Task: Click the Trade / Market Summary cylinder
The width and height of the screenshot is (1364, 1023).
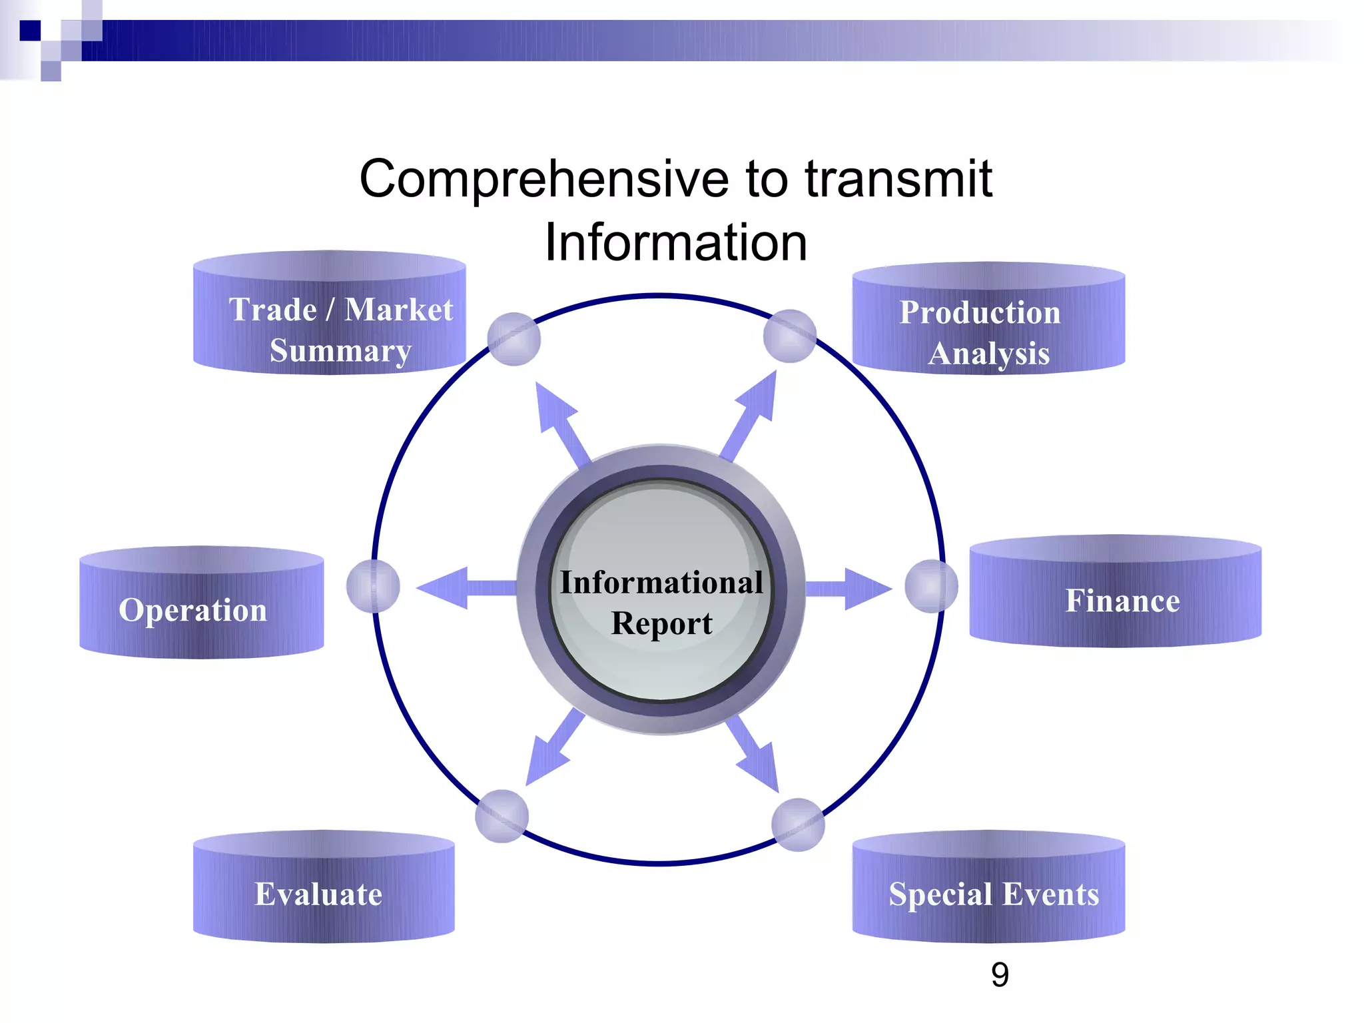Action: (329, 313)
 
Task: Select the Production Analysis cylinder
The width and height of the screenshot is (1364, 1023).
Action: (988, 318)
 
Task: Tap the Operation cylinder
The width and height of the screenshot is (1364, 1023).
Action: (201, 603)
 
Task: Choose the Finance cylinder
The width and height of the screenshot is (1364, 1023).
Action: (1115, 592)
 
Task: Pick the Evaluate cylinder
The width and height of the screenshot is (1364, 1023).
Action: (324, 887)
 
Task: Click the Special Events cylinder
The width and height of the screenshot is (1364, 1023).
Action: (988, 887)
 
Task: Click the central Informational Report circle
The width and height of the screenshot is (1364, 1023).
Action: (661, 590)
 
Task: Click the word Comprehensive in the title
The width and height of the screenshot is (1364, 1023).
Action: (543, 180)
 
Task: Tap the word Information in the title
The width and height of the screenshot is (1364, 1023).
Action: (675, 242)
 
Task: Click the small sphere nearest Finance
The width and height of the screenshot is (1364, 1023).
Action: (931, 586)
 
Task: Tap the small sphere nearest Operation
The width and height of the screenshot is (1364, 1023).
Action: (373, 586)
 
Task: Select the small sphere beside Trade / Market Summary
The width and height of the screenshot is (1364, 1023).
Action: (513, 339)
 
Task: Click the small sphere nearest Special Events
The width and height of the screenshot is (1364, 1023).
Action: (798, 825)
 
